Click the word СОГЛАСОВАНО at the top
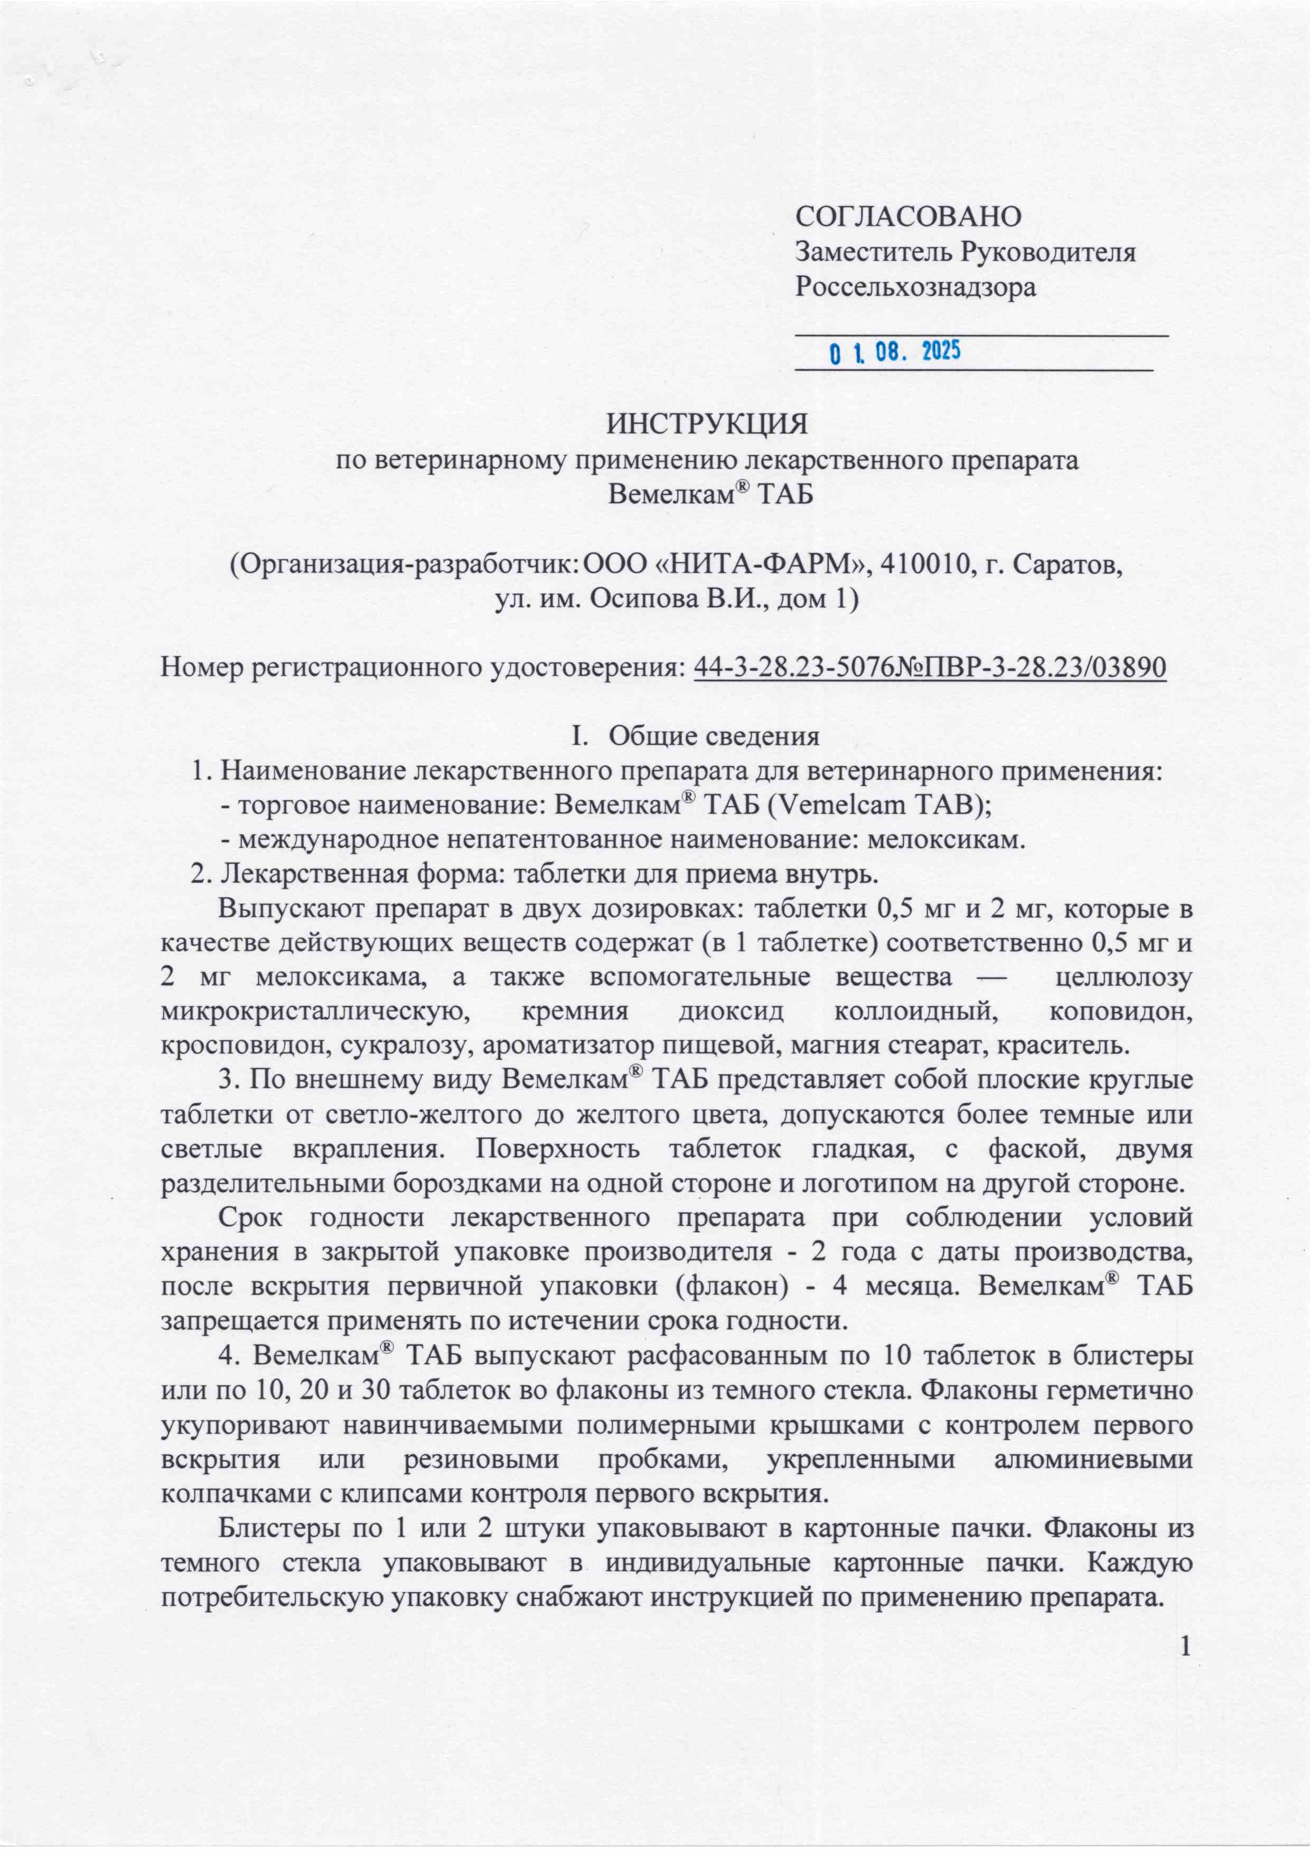[x=908, y=216]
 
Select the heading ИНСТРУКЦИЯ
[x=708, y=424]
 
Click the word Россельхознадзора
[x=915, y=287]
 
